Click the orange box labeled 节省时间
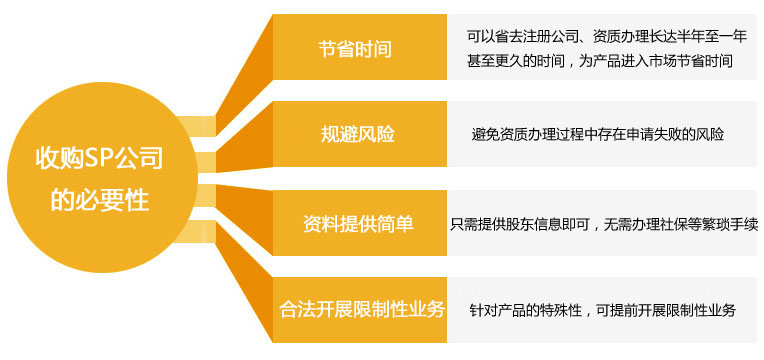(x=355, y=47)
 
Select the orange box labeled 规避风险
(x=355, y=133)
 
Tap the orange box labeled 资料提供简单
(x=355, y=221)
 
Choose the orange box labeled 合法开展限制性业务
(x=355, y=309)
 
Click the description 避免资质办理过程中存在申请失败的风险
(x=597, y=134)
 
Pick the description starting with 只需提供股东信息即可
(x=604, y=222)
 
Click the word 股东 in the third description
(x=521, y=222)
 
